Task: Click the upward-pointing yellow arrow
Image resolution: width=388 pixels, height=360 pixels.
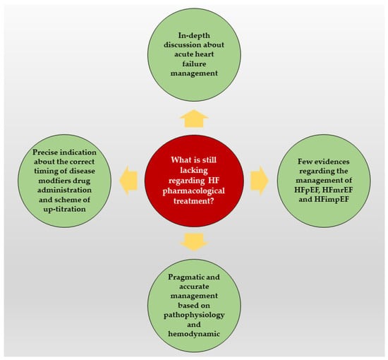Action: click(x=194, y=119)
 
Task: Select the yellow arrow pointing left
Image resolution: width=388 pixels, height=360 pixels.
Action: click(x=128, y=181)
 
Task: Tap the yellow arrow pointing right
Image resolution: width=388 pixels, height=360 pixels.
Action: click(x=260, y=181)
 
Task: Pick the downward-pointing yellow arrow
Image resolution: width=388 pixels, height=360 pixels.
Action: click(x=194, y=242)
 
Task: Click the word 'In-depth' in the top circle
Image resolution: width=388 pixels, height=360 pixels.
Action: click(x=194, y=35)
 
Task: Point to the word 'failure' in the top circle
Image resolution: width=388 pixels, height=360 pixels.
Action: click(x=194, y=64)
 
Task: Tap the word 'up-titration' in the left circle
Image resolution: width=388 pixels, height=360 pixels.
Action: click(x=65, y=209)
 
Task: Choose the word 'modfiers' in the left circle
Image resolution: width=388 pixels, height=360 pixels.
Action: click(x=52, y=181)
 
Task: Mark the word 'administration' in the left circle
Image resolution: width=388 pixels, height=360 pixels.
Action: click(x=64, y=190)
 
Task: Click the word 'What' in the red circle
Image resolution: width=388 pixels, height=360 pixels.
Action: click(x=180, y=160)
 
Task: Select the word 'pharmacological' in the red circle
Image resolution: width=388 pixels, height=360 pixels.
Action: click(x=194, y=191)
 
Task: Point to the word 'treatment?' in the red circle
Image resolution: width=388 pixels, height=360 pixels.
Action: click(x=194, y=200)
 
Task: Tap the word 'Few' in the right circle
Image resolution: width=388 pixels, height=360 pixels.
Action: click(x=304, y=162)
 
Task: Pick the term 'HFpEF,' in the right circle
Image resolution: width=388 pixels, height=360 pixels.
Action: click(x=308, y=190)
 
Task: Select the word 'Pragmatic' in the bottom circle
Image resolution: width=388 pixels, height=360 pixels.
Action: click(x=184, y=277)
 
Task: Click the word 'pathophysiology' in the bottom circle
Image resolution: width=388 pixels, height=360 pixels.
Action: click(x=194, y=316)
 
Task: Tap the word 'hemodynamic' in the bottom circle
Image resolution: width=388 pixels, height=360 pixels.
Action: click(x=194, y=334)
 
